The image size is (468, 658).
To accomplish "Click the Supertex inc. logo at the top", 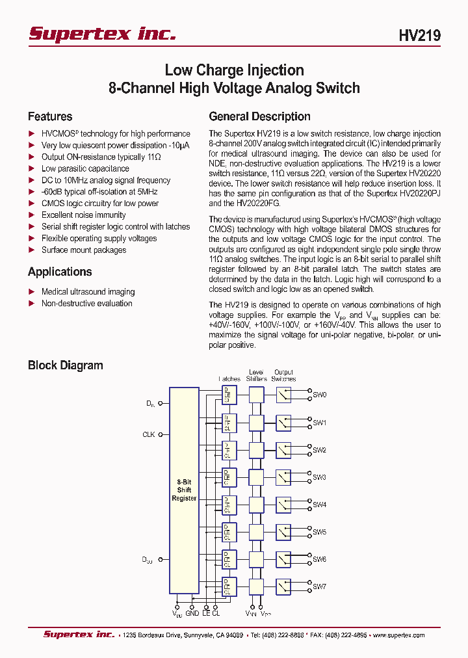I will (x=102, y=34).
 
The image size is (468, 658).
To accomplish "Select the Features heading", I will (x=50, y=117).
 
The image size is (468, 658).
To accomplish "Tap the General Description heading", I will (x=259, y=117).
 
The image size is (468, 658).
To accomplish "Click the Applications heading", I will (x=60, y=272).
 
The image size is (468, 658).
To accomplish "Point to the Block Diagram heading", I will (x=65, y=365).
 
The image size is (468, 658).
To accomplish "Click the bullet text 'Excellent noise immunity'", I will (x=84, y=215).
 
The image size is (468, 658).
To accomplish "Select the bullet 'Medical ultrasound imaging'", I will (x=88, y=292).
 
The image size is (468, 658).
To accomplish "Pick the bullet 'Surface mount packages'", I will (x=84, y=250).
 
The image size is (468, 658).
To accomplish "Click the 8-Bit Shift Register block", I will (x=184, y=490).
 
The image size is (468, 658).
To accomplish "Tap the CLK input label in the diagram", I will (x=149, y=434).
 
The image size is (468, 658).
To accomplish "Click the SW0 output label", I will (x=320, y=395).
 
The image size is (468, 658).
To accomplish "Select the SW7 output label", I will (x=320, y=586).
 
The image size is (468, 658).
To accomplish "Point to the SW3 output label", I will (x=320, y=477).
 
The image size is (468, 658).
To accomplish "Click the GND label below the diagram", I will (x=192, y=613).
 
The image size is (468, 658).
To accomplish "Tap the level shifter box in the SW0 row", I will (x=256, y=395).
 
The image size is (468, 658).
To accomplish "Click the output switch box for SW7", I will (x=283, y=586).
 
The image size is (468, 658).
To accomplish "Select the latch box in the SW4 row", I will (x=228, y=505).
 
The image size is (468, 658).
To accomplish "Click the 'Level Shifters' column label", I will (x=255, y=376).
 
